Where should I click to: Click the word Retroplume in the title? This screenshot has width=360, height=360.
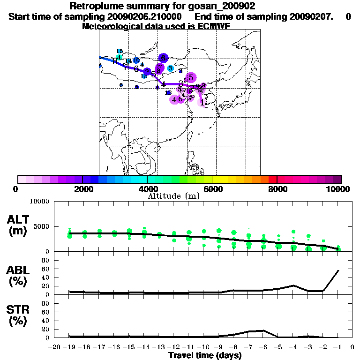(94, 6)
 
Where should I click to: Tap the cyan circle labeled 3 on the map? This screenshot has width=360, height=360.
(170, 68)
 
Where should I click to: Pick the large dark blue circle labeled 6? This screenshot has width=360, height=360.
(163, 58)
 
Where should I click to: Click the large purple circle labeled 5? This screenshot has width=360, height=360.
(191, 78)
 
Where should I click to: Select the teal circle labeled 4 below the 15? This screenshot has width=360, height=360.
(120, 58)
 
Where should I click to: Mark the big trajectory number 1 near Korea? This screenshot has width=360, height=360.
(202, 102)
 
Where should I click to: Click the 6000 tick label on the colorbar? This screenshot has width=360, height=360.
(212, 189)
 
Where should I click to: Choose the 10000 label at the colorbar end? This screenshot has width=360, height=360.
(338, 189)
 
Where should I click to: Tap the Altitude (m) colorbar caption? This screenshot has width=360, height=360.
(174, 195)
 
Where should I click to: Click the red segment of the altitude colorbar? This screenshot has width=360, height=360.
(272, 179)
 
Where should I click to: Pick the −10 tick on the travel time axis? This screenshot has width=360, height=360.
(202, 347)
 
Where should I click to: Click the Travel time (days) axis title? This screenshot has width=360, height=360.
(205, 356)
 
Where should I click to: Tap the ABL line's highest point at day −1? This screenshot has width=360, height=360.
(338, 270)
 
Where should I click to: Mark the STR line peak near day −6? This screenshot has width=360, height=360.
(264, 330)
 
